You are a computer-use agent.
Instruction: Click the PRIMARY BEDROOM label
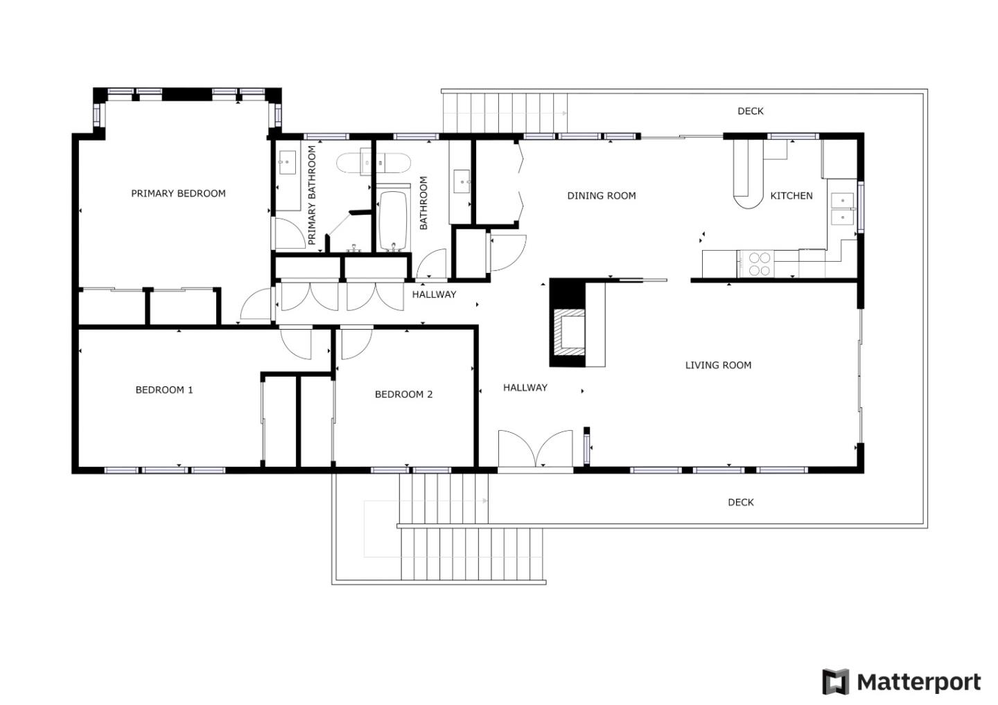(x=178, y=193)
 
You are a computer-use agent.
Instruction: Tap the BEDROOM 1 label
(x=164, y=390)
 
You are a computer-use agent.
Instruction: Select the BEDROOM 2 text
(x=403, y=394)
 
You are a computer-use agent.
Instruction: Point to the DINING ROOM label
(x=601, y=195)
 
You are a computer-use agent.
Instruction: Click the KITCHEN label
(x=791, y=196)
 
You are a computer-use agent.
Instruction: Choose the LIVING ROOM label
(x=718, y=365)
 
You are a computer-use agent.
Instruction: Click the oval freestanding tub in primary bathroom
(x=374, y=163)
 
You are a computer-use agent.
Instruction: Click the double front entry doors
(x=536, y=450)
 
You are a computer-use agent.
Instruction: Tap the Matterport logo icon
(x=835, y=681)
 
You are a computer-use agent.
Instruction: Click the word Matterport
(x=919, y=682)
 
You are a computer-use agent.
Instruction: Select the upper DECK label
(x=750, y=111)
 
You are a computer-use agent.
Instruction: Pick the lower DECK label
(x=740, y=502)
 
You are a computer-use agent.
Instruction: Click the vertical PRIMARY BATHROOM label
(x=311, y=195)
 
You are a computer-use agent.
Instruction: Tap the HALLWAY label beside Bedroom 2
(x=525, y=388)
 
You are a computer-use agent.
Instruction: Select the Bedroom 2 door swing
(x=355, y=343)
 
